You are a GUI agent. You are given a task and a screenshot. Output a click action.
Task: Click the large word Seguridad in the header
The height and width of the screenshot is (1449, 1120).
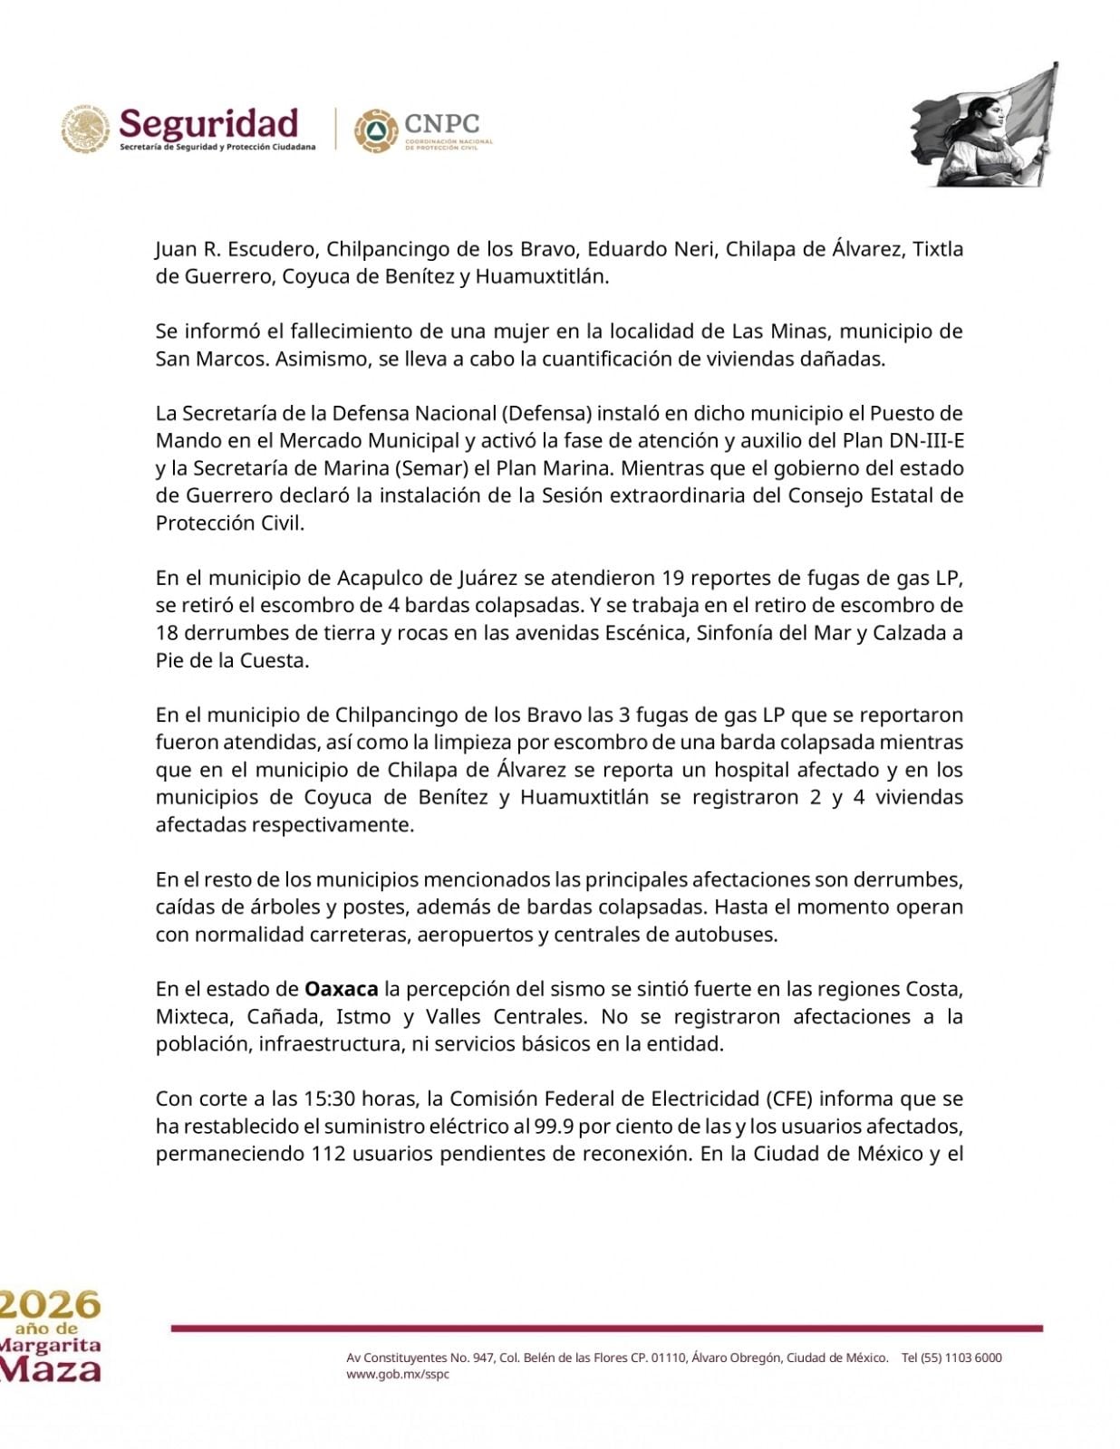(x=209, y=123)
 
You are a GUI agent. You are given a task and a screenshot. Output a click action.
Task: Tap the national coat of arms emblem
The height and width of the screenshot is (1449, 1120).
(x=85, y=128)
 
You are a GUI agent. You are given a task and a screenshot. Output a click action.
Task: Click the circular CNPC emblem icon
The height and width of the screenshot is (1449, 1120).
(x=374, y=130)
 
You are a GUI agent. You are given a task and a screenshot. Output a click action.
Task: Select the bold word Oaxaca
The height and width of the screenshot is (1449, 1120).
(x=341, y=988)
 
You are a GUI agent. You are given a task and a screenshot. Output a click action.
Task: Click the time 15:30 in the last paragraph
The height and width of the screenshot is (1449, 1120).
(x=330, y=1099)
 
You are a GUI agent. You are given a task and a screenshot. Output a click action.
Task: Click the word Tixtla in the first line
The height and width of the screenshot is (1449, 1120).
(x=938, y=249)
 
